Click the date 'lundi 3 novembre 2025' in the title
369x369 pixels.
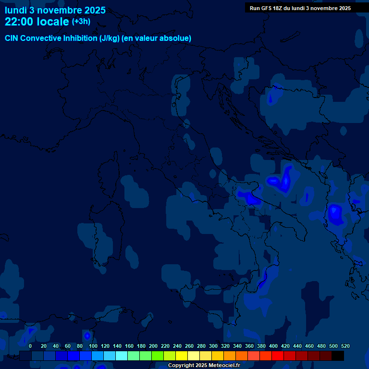pos(55,10)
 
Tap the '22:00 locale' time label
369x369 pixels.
pos(37,22)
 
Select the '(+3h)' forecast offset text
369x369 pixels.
pos(81,22)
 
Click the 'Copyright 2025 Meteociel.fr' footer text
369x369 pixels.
pos(204,366)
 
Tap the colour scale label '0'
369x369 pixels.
pos(30,346)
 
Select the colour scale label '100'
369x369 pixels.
pos(93,346)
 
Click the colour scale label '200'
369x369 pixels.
pos(153,346)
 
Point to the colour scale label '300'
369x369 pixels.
pos(213,346)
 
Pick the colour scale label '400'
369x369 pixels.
pos(273,346)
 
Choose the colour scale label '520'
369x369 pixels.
pos(345,346)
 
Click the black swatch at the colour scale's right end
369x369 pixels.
pos(338,356)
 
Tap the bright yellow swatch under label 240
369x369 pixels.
pos(182,356)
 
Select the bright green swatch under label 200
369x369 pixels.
pos(158,356)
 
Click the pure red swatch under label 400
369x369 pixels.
pos(278,356)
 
